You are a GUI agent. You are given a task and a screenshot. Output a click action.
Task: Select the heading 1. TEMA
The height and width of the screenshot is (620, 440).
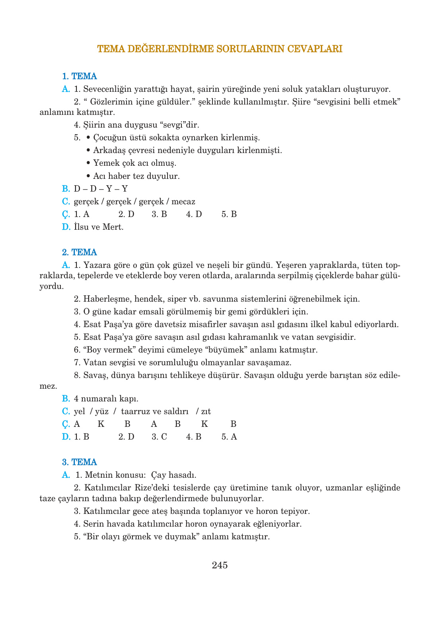coord(80,76)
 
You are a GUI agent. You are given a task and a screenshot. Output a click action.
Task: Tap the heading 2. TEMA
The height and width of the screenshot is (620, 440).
coord(80,252)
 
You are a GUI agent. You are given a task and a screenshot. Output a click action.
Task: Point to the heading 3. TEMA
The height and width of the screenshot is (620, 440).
coord(80,462)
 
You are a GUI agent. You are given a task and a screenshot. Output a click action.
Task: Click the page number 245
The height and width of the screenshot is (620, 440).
coord(220,565)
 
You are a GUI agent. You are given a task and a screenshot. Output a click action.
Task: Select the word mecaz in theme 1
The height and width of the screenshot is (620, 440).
coord(183,201)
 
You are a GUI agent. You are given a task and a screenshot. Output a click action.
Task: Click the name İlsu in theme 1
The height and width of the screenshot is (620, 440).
coord(81,227)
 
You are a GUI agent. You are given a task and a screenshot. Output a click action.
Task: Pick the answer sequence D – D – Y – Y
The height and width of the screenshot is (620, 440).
coord(101,189)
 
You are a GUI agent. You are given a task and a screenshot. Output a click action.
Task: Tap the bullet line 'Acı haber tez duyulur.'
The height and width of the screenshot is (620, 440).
coord(136,176)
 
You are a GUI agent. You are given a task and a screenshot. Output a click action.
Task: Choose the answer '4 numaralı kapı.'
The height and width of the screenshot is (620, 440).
coord(106,399)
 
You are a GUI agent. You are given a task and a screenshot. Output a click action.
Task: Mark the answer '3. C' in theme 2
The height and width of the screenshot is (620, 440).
coord(159,437)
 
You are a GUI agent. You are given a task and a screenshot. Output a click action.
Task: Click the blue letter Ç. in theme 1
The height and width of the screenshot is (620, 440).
coord(66,214)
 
